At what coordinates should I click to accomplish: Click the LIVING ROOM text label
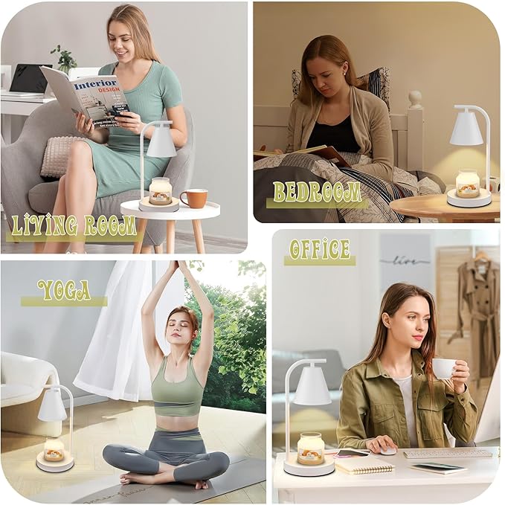[x=72, y=225]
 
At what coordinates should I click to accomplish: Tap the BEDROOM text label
[x=317, y=192]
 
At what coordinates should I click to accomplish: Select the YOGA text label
[x=63, y=290]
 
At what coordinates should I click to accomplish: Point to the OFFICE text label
[x=319, y=248]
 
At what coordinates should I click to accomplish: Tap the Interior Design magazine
[x=84, y=94]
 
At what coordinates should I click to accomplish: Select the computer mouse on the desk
[x=387, y=450]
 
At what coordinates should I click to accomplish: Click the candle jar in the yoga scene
[x=54, y=449]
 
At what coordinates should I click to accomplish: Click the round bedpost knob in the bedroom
[x=415, y=98]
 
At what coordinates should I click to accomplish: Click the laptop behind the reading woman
[x=28, y=79]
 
